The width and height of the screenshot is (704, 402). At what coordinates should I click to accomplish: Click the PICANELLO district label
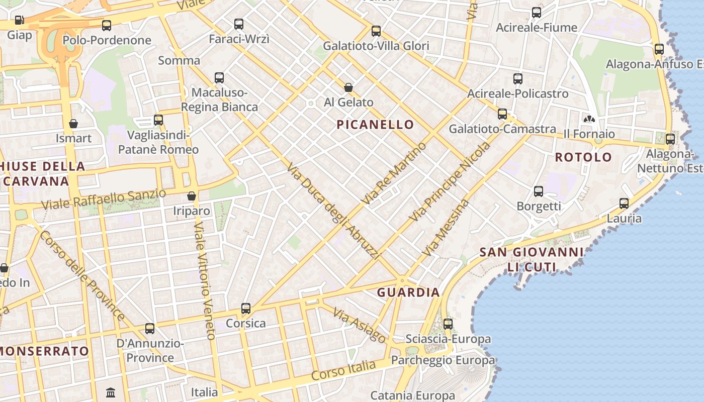375,125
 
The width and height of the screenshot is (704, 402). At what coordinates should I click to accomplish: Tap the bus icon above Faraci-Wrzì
239,24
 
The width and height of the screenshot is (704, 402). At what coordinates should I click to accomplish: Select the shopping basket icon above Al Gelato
348,87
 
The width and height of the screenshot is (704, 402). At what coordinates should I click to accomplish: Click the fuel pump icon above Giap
19,20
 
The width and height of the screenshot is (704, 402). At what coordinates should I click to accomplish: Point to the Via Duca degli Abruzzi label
332,211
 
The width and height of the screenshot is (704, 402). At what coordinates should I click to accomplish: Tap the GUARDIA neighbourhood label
408,292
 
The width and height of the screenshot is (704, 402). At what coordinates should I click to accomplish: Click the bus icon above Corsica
245,308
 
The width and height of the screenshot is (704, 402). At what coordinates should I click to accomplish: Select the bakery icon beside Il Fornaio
589,119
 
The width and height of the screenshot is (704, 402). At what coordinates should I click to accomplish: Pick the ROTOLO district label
583,157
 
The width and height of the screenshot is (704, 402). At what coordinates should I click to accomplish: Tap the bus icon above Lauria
624,203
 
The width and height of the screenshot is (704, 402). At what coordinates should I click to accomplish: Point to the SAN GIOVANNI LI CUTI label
532,259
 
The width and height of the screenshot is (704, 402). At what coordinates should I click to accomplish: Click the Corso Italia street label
343,370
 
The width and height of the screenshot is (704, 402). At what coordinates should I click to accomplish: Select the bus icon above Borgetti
539,191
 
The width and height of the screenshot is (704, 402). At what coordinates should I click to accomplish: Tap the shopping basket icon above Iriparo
191,195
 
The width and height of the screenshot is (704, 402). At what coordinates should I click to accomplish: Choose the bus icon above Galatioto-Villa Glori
376,31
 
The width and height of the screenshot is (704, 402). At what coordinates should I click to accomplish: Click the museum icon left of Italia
111,392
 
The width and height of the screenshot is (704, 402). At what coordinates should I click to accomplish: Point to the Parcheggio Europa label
443,360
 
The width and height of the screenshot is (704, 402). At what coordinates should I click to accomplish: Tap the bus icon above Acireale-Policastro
518,78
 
